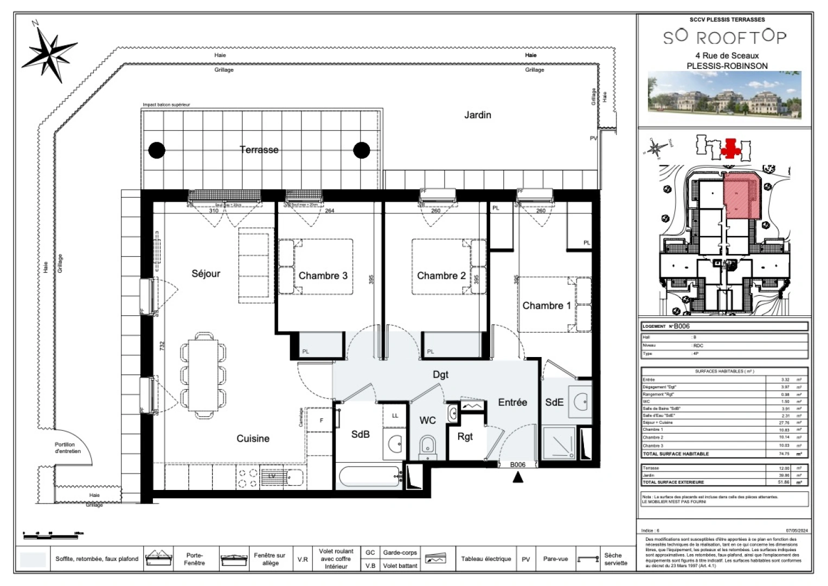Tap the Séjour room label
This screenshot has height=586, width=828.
tap(206, 273)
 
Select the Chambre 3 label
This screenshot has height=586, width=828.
tap(323, 276)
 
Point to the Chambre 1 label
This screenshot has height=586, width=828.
tap(546, 305)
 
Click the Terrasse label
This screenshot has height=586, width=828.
tap(259, 150)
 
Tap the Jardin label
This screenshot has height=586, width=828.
tap(477, 115)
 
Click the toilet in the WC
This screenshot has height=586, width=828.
tap(427, 447)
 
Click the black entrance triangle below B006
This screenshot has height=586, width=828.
tap(518, 477)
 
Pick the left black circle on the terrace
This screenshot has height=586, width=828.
tap(157, 150)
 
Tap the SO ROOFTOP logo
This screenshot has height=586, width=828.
tap(724, 37)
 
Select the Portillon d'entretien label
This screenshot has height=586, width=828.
tap(68, 448)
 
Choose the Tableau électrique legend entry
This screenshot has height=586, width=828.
tap(486, 559)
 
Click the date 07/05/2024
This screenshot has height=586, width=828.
tap(797, 531)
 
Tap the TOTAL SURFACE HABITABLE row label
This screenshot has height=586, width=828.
tap(676, 454)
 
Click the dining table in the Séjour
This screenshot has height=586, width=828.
tap(203, 374)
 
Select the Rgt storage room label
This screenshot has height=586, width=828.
tap(465, 437)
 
